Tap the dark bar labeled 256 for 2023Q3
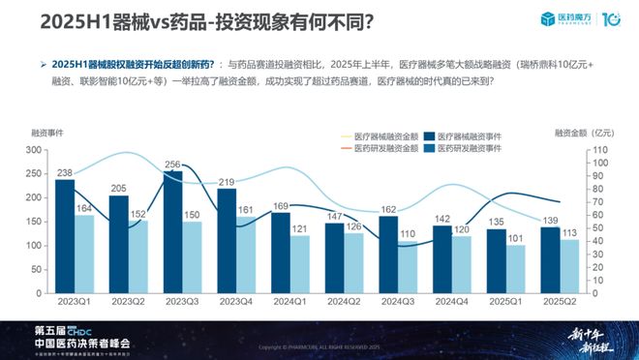pyautogui.click(x=172, y=233)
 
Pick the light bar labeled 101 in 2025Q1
pyautogui.click(x=516, y=271)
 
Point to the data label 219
pyautogui.click(x=228, y=182)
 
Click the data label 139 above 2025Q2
pyautogui.click(x=551, y=222)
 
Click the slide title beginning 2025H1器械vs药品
pyautogui.click(x=194, y=20)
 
